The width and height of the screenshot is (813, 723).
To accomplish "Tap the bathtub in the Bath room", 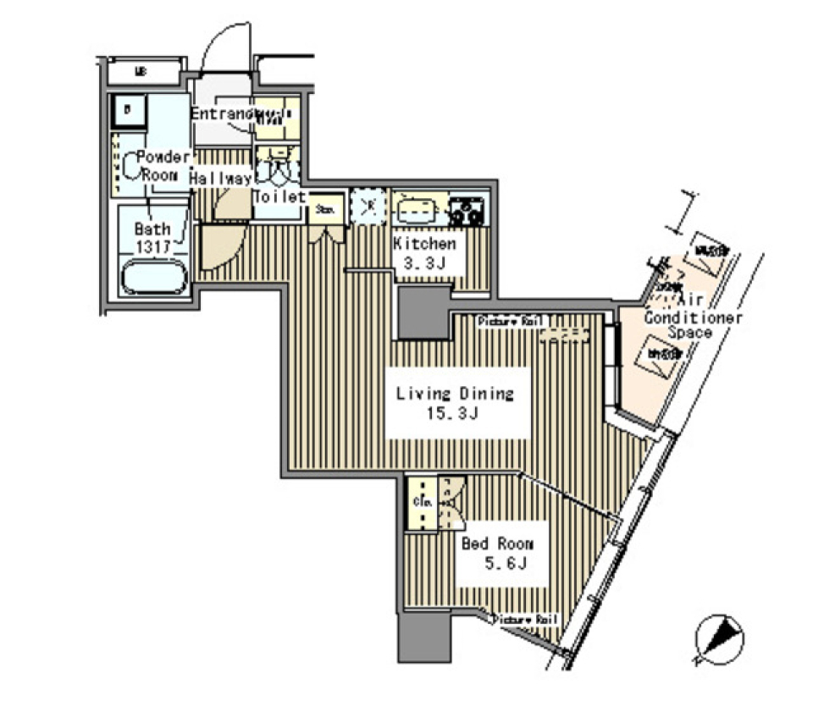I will tap(153, 277).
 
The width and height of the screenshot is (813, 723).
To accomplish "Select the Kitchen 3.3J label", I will tap(424, 253).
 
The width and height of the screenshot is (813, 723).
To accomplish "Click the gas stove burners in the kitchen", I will tap(467, 209).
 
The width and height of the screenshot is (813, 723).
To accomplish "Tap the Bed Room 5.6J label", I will tap(496, 555).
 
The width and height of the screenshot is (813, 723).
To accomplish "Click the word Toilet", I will tap(279, 196).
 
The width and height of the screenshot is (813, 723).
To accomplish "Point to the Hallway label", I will tap(220, 179).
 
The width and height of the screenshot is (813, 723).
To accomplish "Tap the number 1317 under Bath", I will tap(153, 246).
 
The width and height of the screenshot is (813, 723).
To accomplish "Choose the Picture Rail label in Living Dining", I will tap(507, 322).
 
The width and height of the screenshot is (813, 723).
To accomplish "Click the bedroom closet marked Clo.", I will tap(422, 503).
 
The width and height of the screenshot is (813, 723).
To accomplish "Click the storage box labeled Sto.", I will tap(325, 208).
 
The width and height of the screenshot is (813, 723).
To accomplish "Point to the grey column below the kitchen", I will tap(423, 312).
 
